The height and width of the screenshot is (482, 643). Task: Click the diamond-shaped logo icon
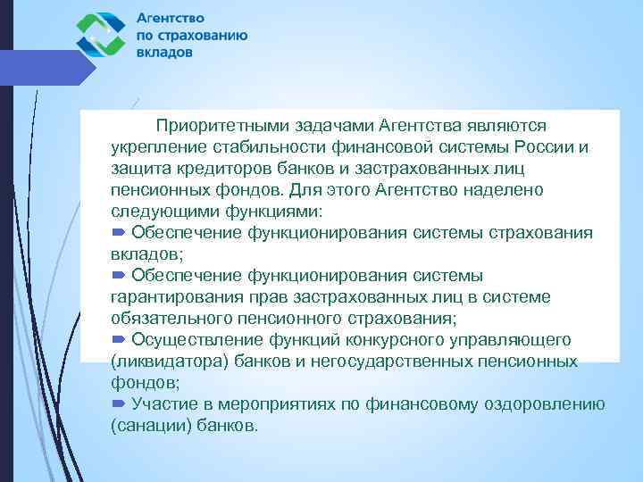click(101, 35)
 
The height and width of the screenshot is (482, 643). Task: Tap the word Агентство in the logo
click(171, 17)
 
